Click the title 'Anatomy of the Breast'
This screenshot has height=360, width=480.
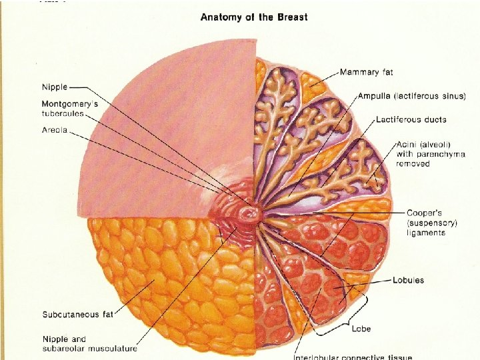[254, 17]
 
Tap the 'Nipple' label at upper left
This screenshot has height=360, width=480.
[54, 87]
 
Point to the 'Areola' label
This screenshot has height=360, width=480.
[55, 130]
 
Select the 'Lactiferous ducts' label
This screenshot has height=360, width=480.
[411, 120]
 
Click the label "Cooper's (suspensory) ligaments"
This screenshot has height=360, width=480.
[430, 223]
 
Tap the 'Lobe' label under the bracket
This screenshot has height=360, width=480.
[361, 329]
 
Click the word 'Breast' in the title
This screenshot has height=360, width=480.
[292, 17]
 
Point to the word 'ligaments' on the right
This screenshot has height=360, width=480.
[426, 233]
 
